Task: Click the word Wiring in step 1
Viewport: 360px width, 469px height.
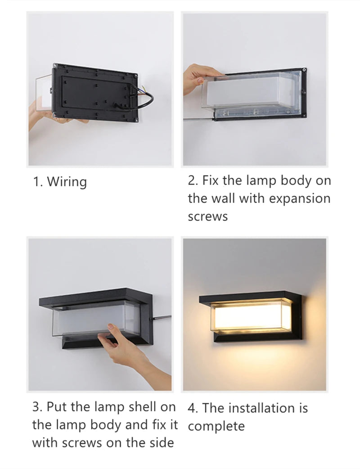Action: click(67, 181)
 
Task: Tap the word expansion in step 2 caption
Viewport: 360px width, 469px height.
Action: click(300, 198)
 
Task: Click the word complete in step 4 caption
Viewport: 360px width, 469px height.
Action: click(216, 426)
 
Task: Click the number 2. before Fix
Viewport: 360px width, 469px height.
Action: click(193, 180)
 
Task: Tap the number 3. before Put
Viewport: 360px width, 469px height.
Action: click(38, 407)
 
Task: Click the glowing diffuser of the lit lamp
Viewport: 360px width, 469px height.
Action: click(251, 316)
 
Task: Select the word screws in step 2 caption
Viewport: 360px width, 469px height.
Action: click(208, 216)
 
